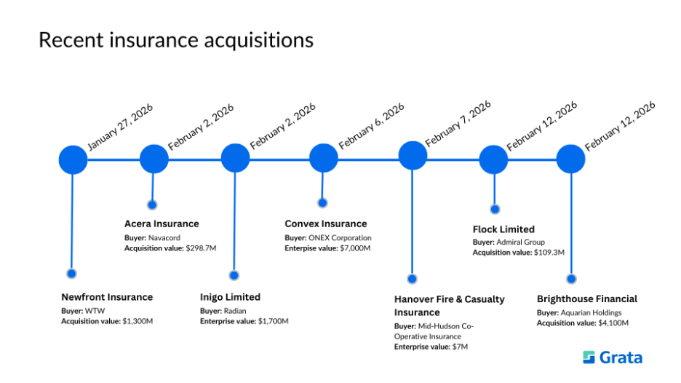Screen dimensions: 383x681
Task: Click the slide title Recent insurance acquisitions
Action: (175, 40)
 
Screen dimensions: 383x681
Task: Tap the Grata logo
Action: (613, 358)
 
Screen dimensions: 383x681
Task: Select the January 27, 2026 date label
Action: (120, 127)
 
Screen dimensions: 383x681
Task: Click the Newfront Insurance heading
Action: (107, 297)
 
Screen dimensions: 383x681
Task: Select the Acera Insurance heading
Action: (162, 224)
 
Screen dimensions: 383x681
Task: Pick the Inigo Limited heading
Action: (230, 297)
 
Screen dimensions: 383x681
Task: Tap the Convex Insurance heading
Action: (326, 224)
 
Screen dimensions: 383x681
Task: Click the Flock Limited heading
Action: (503, 229)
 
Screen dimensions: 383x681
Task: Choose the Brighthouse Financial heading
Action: (587, 299)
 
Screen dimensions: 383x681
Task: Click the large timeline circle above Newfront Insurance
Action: (73, 159)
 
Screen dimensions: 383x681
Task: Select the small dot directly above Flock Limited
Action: (495, 209)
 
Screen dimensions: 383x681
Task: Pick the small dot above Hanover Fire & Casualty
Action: (412, 279)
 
